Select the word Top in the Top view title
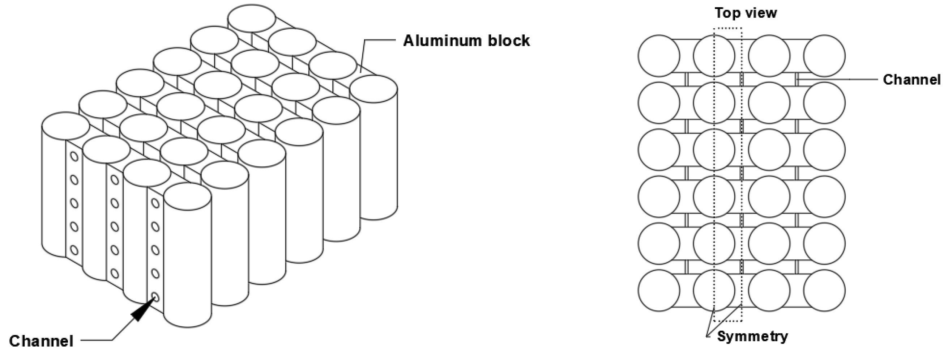coord(727,13)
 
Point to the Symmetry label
coord(753,336)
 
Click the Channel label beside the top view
coord(911,80)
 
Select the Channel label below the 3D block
coord(41,341)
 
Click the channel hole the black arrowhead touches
coord(155,297)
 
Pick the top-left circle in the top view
coord(659,56)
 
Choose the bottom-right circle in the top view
coord(824,291)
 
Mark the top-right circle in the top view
coord(824,56)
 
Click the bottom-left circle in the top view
coord(659,291)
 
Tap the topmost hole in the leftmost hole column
coord(74,156)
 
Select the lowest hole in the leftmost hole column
coord(74,250)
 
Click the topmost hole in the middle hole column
coord(115,179)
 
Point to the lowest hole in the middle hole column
coord(115,274)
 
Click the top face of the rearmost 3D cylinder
coord(252,18)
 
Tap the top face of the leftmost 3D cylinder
coord(65,126)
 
